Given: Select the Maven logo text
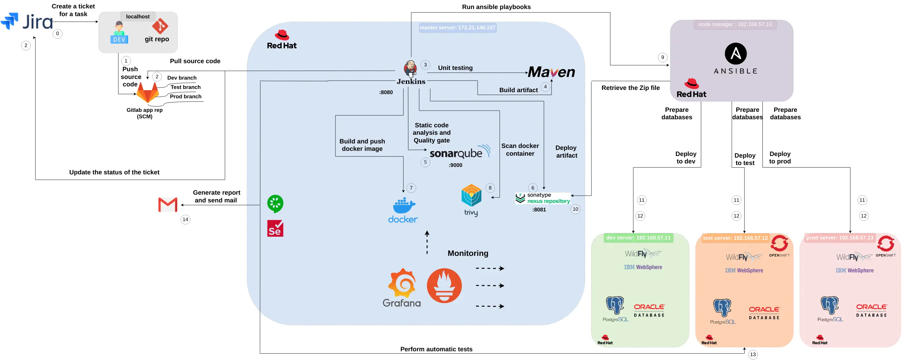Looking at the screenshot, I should tap(551, 72).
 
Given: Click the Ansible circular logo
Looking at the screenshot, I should tap(735, 54).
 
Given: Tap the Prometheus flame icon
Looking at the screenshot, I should tap(444, 286).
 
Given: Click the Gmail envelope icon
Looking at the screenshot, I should tap(168, 205).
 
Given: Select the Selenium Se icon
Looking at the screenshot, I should tap(275, 229).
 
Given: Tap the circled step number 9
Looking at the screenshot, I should tap(662, 57).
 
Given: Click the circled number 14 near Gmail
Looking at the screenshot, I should tap(185, 219).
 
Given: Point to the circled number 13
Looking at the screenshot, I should tap(752, 355).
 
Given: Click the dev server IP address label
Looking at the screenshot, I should tap(638, 238).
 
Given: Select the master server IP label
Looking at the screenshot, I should tap(457, 28).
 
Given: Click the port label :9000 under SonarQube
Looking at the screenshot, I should tap(455, 165).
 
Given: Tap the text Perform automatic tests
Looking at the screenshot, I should tap(436, 349).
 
